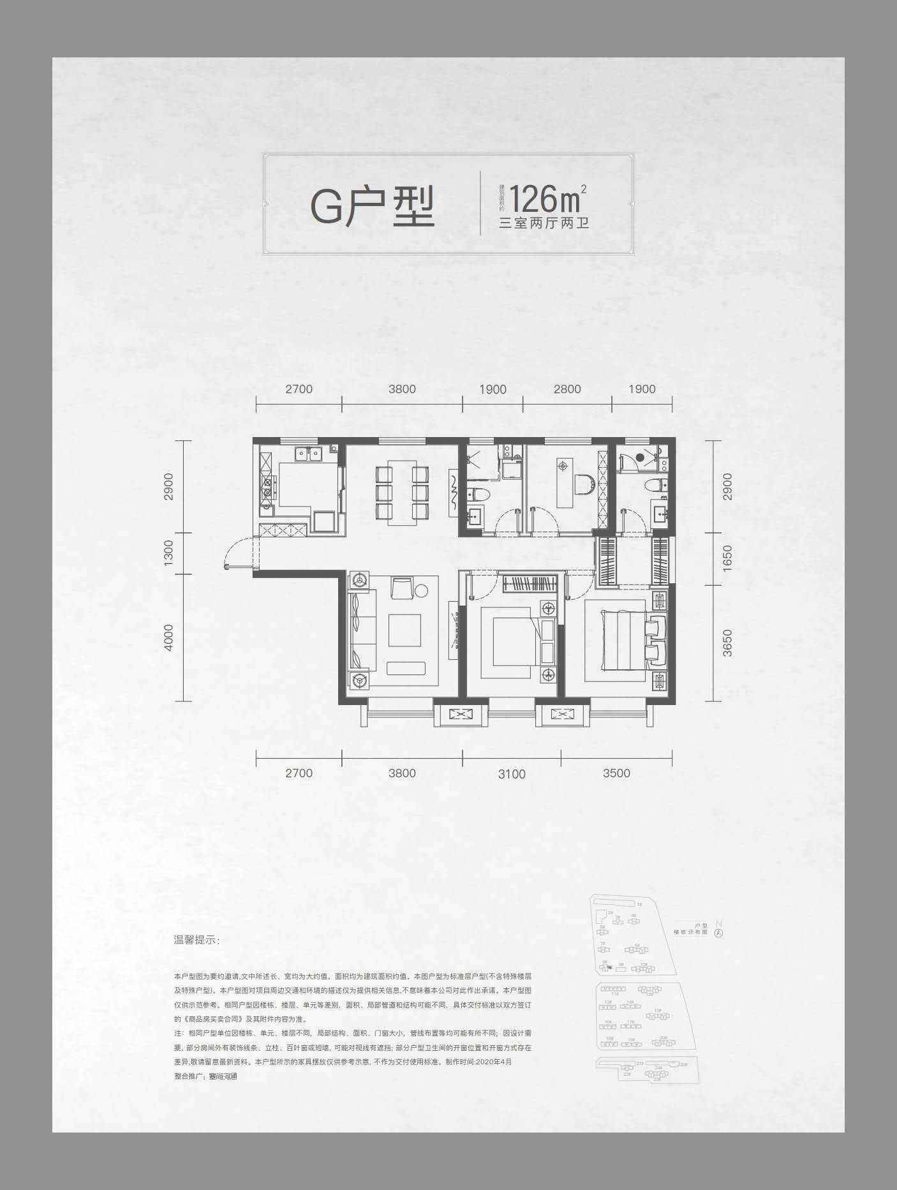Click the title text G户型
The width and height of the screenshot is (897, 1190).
[x=373, y=205]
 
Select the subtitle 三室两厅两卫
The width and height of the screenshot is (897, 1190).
[x=544, y=223]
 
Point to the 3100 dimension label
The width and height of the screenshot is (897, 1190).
[x=512, y=774]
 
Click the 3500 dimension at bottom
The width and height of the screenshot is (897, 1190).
[x=616, y=773]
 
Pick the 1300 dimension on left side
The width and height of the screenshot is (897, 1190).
[x=168, y=553]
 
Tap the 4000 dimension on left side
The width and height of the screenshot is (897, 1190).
[x=168, y=637]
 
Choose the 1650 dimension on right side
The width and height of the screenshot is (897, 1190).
[x=728, y=558]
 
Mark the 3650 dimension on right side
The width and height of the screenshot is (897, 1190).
[x=728, y=643]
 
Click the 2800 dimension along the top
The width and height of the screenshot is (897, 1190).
[x=567, y=389]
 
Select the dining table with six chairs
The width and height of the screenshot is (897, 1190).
[x=402, y=492]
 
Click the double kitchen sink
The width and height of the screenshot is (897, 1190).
[x=307, y=454]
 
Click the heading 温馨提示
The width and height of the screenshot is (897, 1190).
[x=196, y=941]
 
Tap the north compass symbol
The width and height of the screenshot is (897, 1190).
[x=719, y=932]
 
